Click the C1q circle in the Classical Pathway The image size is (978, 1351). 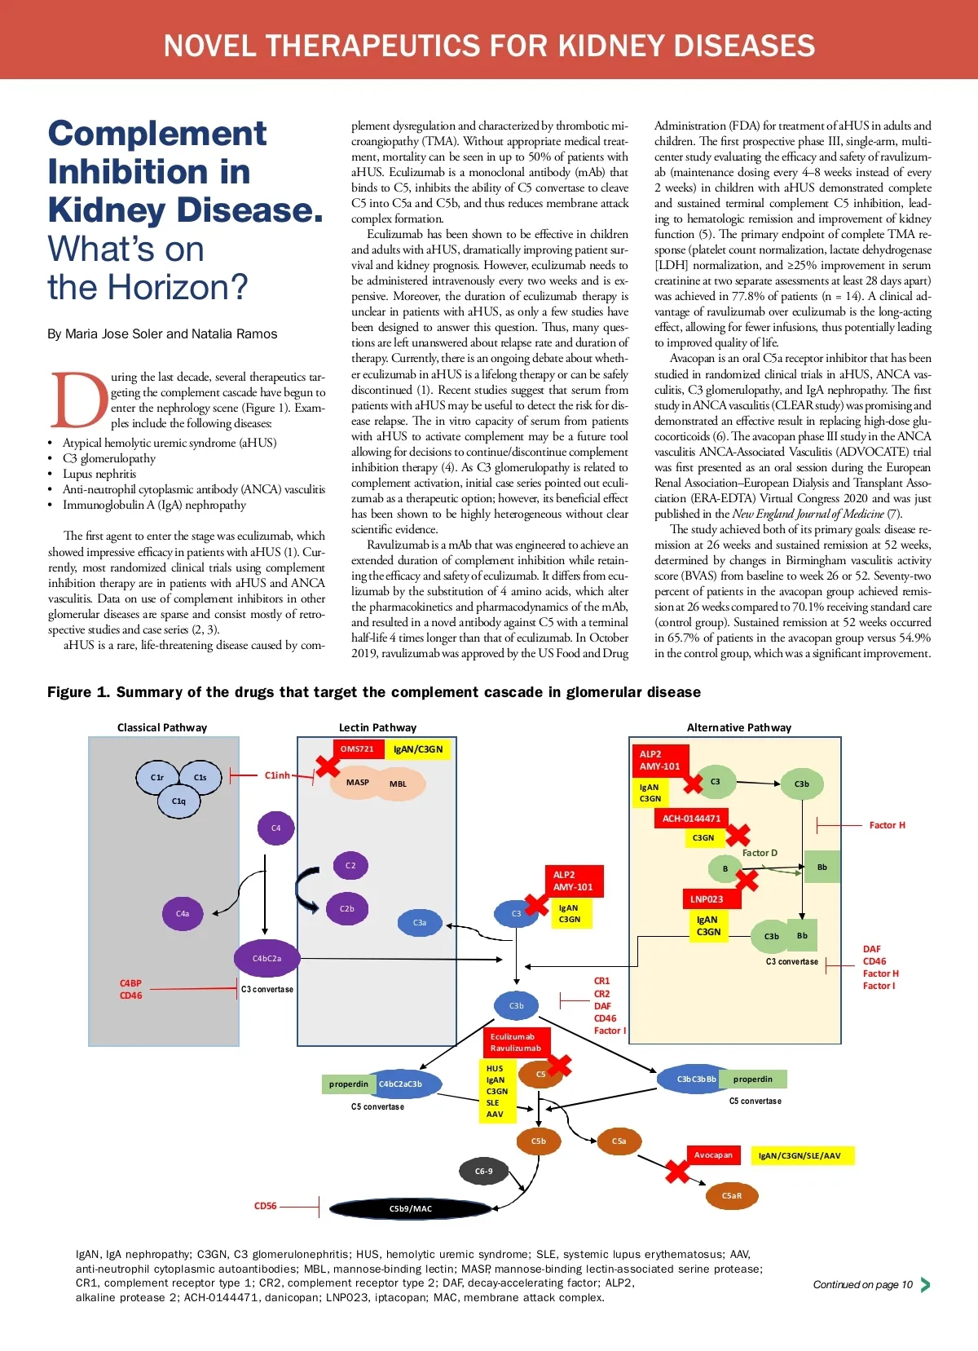click(x=178, y=801)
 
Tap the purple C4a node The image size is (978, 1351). click(x=183, y=914)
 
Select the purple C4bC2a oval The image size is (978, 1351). click(x=267, y=959)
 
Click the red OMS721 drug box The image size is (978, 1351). click(x=357, y=749)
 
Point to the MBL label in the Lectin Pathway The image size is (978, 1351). click(x=398, y=784)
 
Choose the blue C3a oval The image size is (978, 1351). click(x=420, y=923)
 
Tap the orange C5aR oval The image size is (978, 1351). click(x=732, y=1196)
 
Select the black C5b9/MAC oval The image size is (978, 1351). click(x=411, y=1208)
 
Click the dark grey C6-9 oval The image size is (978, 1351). click(x=484, y=1172)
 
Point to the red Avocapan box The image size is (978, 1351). click(x=713, y=1155)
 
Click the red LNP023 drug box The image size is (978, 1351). click(x=707, y=899)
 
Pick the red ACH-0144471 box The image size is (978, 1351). click(x=691, y=819)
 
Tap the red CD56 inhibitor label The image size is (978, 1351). click(x=266, y=1206)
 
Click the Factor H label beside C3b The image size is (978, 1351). click(x=887, y=826)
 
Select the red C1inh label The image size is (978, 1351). click(x=277, y=775)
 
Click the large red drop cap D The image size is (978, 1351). click(x=79, y=400)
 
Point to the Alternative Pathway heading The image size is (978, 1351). click(x=738, y=727)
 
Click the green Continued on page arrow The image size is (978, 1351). click(x=925, y=1285)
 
